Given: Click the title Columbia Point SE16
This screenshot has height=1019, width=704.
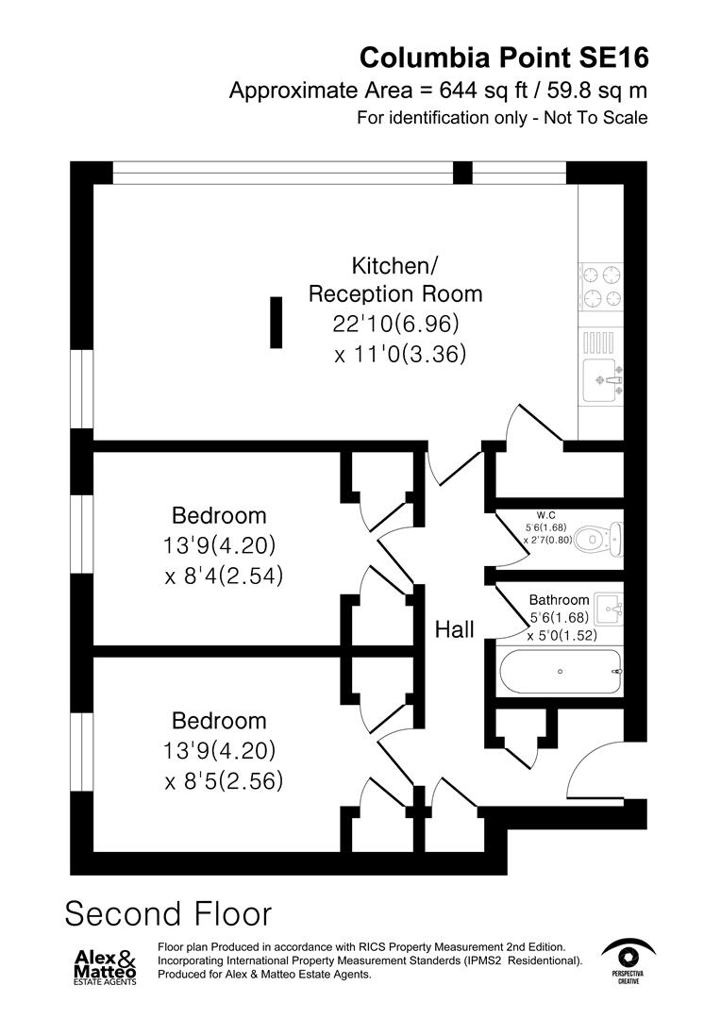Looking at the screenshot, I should pos(504,58).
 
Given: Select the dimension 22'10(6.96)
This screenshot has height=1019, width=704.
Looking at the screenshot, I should pos(395,324).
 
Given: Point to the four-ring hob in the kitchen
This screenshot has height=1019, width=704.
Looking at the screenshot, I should pos(602,287).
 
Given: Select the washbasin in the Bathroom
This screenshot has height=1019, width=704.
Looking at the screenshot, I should pos(609,606).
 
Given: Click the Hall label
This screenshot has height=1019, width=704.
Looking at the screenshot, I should pos(454,629).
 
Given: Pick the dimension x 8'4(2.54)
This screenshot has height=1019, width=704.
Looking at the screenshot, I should pos(224,576).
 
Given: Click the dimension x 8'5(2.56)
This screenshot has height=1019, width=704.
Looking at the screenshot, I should pos(224,781).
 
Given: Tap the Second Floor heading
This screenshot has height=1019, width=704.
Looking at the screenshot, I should pos(168,913).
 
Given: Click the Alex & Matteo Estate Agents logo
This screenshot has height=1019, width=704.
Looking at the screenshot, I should pos(106,965).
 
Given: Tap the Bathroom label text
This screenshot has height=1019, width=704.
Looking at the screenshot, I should pos(559,600).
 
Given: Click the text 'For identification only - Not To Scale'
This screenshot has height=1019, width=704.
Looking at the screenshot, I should pos(502,119).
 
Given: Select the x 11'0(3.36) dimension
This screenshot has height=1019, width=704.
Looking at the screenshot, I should pos(400,355).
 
